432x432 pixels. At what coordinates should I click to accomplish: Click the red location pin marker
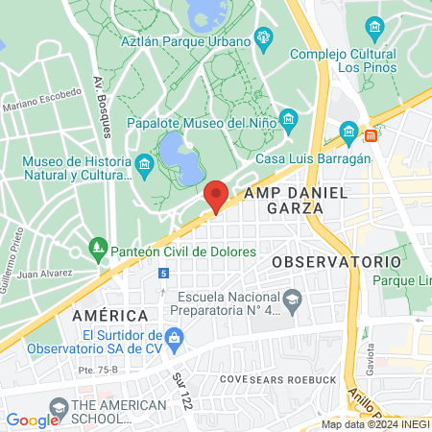pos(216,195)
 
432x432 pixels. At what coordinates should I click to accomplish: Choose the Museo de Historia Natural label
pos(77,169)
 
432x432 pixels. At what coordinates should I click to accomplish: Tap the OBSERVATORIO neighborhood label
pos(335,261)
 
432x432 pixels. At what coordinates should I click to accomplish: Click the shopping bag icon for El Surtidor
pos(174,337)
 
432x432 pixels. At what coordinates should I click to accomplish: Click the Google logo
pos(33,420)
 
